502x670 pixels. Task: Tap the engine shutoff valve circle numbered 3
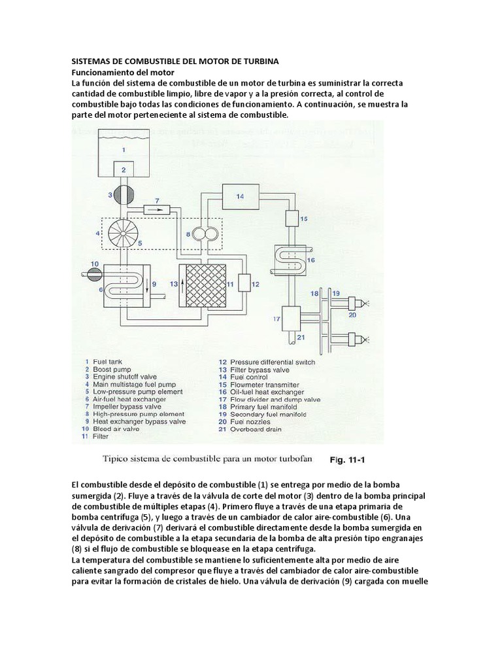122,196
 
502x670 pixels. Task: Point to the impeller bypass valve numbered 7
156,209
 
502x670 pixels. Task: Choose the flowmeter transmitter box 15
290,218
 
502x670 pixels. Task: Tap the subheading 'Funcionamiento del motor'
123,71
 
